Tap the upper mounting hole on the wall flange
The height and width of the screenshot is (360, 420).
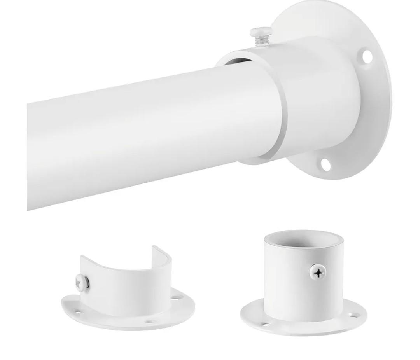click(x=367, y=56)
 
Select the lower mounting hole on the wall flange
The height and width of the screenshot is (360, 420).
click(x=325, y=164)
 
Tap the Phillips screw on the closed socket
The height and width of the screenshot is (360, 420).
click(x=318, y=273)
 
